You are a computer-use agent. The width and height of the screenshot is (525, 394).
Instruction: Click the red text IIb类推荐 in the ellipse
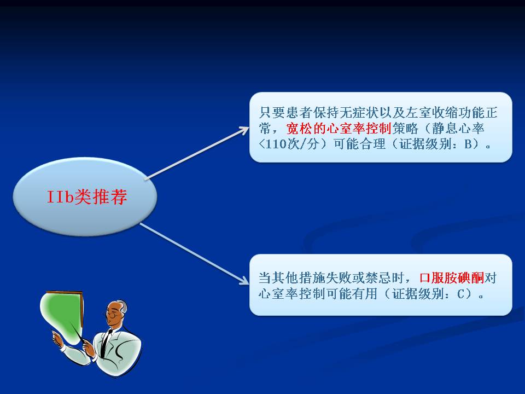tap(87, 196)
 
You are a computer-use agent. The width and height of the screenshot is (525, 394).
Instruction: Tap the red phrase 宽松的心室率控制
tap(339, 128)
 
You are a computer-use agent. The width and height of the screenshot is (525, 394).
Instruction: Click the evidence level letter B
tap(468, 144)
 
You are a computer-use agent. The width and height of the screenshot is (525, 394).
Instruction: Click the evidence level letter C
tap(461, 294)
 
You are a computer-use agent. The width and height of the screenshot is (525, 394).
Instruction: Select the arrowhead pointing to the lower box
tap(244, 281)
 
